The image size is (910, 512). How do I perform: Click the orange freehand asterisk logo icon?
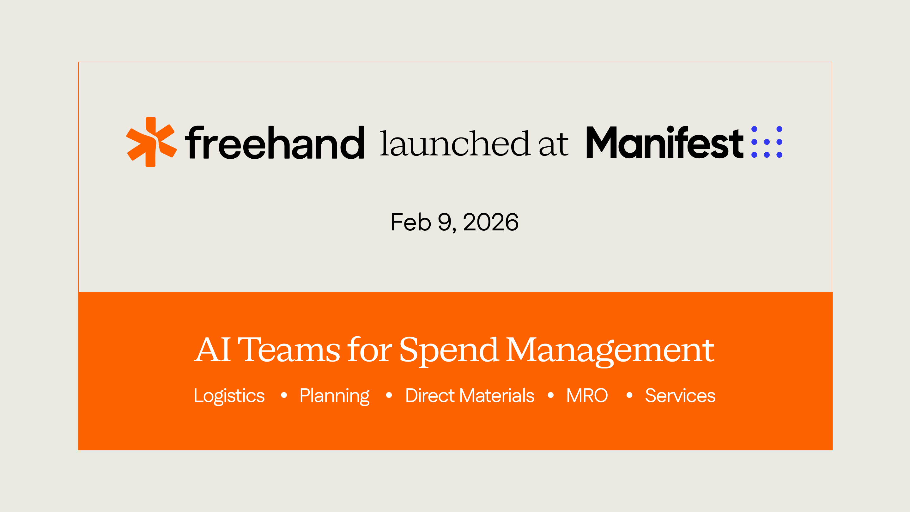151,142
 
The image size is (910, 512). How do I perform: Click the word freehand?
275,143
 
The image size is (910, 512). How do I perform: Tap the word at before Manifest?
554,144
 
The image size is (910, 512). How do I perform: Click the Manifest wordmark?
664,143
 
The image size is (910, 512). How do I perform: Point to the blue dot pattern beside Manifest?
767,142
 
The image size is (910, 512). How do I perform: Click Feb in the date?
410,222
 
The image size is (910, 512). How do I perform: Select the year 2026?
491,222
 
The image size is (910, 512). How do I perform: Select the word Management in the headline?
610,350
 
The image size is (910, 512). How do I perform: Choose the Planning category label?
335,396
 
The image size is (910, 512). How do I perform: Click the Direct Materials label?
470,395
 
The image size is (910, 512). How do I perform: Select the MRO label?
587,395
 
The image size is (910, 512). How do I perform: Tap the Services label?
680,395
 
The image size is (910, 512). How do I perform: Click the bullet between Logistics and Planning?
284,395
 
